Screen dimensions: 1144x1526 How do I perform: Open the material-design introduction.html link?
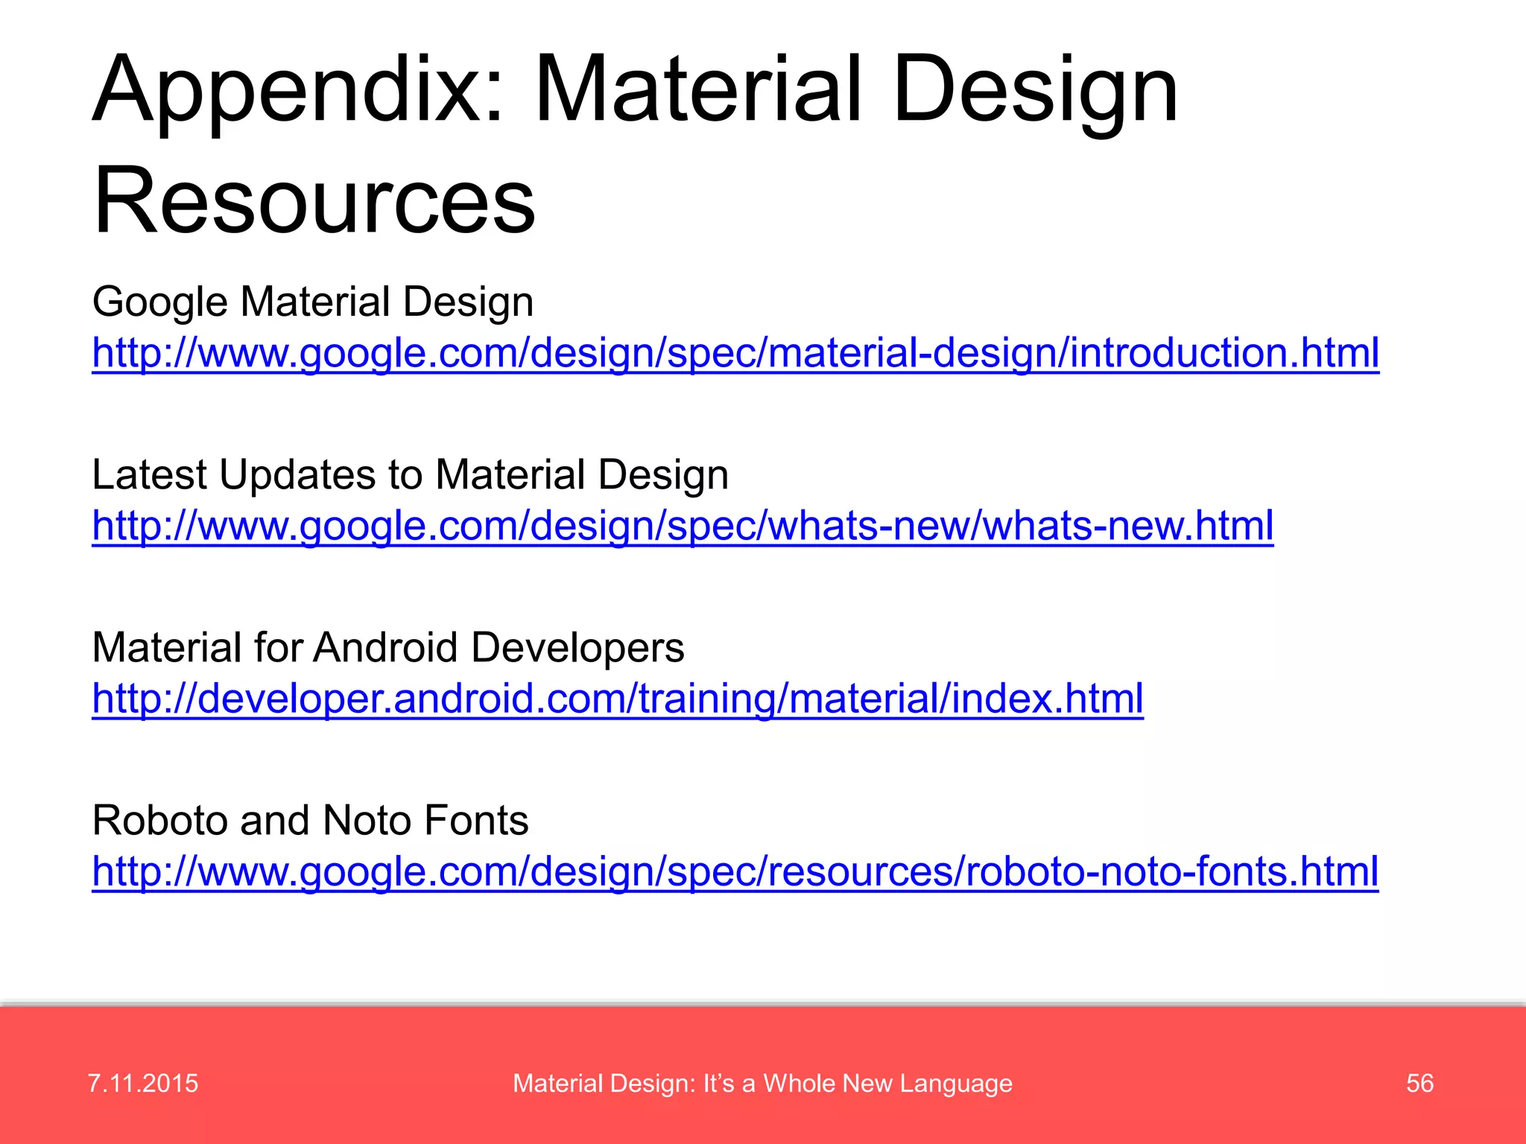pos(735,352)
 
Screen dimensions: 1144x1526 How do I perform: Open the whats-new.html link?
pos(683,526)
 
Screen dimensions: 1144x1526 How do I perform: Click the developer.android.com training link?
pos(617,699)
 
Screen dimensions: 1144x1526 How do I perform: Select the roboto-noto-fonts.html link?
pos(735,871)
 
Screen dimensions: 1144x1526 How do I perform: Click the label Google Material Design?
pos(313,302)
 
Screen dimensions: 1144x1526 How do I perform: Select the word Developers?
pos(577,648)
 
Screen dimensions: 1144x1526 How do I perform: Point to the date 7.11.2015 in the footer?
pos(143,1083)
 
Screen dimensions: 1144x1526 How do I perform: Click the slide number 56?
pos(1419,1083)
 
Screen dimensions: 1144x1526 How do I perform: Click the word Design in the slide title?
pos(1036,91)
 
